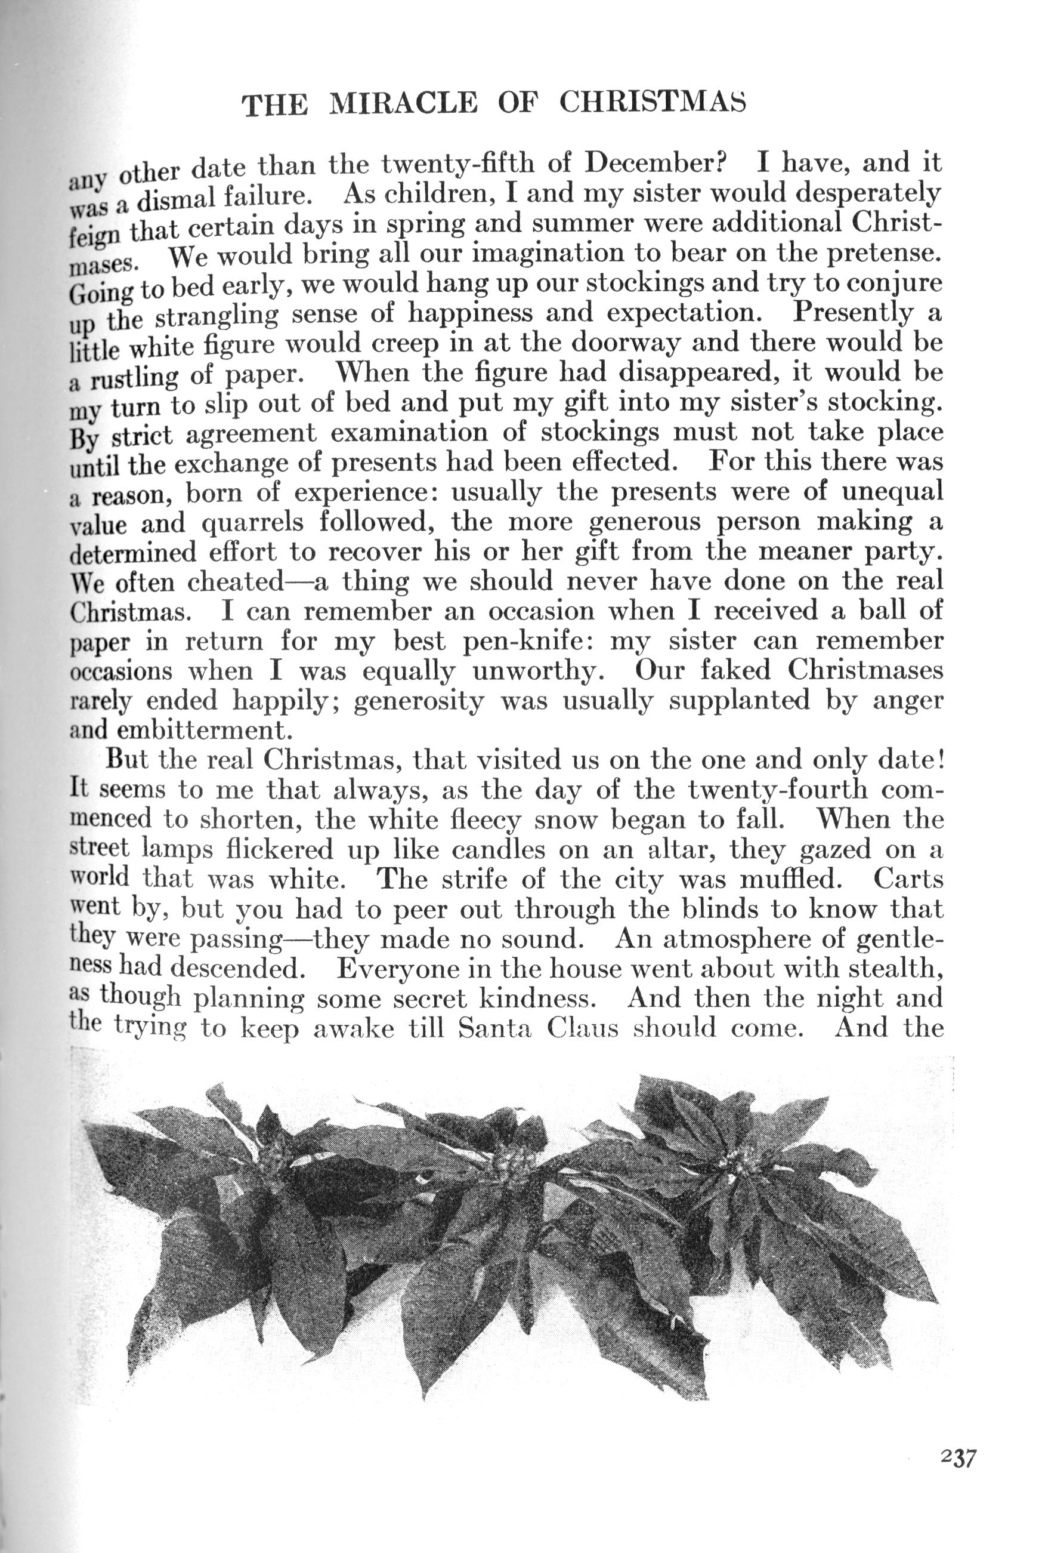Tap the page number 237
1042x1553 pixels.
[x=958, y=1458]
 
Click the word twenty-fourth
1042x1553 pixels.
[x=778, y=790]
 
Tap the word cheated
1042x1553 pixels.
[x=236, y=583]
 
